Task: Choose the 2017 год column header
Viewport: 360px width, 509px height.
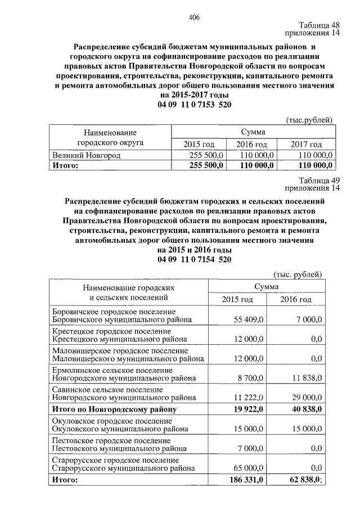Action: [x=306, y=145]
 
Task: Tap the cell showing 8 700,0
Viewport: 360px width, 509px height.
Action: [x=248, y=379]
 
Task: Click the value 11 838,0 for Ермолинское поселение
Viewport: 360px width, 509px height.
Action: [x=304, y=379]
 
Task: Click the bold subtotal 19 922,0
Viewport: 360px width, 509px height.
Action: [x=246, y=409]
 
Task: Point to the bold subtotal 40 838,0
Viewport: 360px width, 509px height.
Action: [x=304, y=409]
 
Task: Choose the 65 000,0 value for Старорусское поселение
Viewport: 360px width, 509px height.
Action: [x=246, y=468]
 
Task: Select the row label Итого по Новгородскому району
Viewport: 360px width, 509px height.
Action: [x=114, y=409]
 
